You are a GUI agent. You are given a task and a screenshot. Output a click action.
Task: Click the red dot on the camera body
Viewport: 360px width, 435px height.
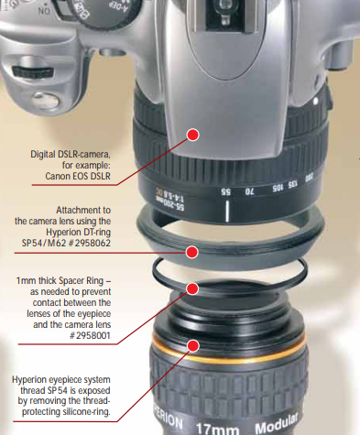(x=193, y=135)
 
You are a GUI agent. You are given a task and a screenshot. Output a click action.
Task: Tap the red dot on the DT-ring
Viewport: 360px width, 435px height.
(x=191, y=252)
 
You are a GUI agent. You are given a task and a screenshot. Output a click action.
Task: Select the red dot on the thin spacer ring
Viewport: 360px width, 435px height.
(x=192, y=288)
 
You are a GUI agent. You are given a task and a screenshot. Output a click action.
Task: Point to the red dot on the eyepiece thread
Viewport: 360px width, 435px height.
(x=193, y=346)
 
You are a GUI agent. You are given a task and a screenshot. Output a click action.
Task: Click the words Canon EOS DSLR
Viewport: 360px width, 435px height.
(x=78, y=176)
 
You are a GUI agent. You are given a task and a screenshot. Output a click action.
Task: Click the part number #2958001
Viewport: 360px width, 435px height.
(x=90, y=336)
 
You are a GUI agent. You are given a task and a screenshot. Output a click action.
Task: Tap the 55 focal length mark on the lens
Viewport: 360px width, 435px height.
(x=226, y=191)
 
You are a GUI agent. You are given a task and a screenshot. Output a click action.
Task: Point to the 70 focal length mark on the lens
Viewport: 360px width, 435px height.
(x=249, y=191)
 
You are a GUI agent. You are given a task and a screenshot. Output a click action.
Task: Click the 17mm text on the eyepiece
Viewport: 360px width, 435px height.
(x=217, y=429)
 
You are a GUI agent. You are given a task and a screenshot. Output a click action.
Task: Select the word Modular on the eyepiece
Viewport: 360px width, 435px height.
(x=277, y=423)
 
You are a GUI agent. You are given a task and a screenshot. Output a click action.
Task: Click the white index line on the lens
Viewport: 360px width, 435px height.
(x=227, y=211)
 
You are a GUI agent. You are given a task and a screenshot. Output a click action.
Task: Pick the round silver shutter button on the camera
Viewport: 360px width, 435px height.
(x=45, y=101)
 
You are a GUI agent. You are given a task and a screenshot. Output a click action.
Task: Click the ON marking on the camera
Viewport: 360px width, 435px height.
(x=44, y=11)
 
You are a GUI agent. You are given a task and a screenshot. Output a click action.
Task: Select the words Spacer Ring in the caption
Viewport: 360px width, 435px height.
(x=82, y=280)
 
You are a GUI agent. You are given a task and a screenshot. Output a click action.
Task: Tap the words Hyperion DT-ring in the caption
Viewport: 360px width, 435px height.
(x=79, y=232)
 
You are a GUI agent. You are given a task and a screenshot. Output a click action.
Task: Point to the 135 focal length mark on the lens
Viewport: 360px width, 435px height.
(x=292, y=185)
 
